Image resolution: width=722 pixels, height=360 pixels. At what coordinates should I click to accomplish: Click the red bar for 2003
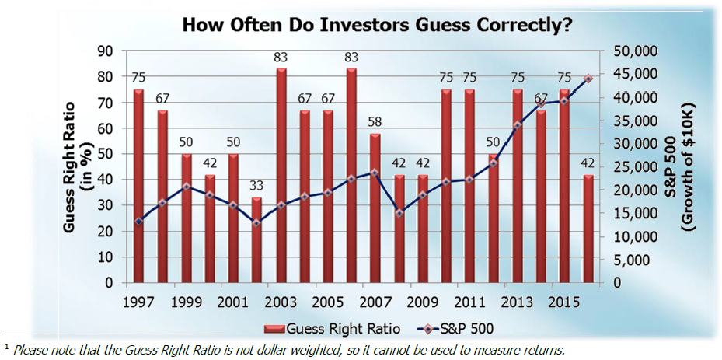(281, 175)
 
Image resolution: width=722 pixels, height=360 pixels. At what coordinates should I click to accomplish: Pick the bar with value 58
(375, 208)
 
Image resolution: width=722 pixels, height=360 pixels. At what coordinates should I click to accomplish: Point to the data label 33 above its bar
(257, 187)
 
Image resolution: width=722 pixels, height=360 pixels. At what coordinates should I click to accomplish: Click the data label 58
(375, 123)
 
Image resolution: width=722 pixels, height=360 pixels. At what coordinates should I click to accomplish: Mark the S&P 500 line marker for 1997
(138, 222)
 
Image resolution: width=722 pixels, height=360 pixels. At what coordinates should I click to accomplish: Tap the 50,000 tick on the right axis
(637, 51)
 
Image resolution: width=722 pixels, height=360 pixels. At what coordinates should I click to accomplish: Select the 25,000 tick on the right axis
(637, 167)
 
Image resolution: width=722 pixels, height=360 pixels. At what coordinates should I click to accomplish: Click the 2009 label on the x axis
(423, 300)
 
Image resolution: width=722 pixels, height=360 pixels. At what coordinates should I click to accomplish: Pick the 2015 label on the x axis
(565, 300)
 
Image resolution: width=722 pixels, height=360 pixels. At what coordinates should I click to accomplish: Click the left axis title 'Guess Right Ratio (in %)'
(78, 167)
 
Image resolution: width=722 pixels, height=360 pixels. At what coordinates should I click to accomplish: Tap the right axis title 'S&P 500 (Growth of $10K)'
(678, 167)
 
